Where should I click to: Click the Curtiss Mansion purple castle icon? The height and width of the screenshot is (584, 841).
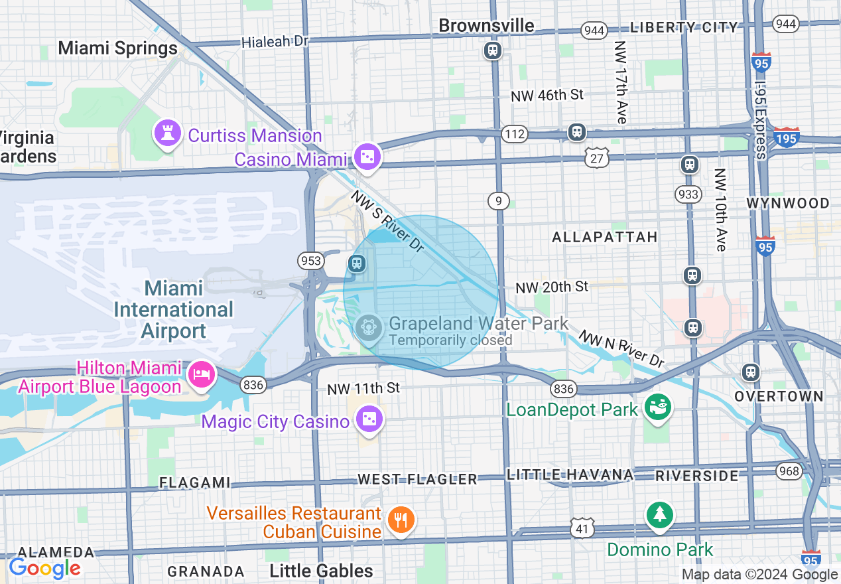point(167,133)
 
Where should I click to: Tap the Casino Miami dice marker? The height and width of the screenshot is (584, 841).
point(366,157)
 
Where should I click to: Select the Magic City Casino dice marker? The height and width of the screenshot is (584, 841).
point(367,419)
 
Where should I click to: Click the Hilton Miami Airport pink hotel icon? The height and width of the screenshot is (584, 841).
point(201,374)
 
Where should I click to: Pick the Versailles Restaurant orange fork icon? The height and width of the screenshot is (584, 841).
point(401,519)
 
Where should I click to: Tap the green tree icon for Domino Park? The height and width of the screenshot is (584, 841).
point(659,515)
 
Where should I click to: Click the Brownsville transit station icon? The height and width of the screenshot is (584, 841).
point(492,50)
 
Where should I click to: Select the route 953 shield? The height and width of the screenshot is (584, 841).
point(310,259)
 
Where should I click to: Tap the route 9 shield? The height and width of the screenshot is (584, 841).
point(498,200)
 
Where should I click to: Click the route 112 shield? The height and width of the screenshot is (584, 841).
point(514,134)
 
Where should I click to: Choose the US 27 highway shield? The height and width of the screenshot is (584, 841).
point(597,157)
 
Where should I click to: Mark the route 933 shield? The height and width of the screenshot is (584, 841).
point(688,194)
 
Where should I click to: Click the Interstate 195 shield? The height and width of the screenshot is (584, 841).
point(787,136)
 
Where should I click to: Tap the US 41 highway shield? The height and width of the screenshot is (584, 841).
point(582,528)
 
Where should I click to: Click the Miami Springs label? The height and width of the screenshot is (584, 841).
point(118,48)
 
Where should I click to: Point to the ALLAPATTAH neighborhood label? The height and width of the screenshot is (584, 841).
point(604,237)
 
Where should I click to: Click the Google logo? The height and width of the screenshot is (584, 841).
point(44,568)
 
